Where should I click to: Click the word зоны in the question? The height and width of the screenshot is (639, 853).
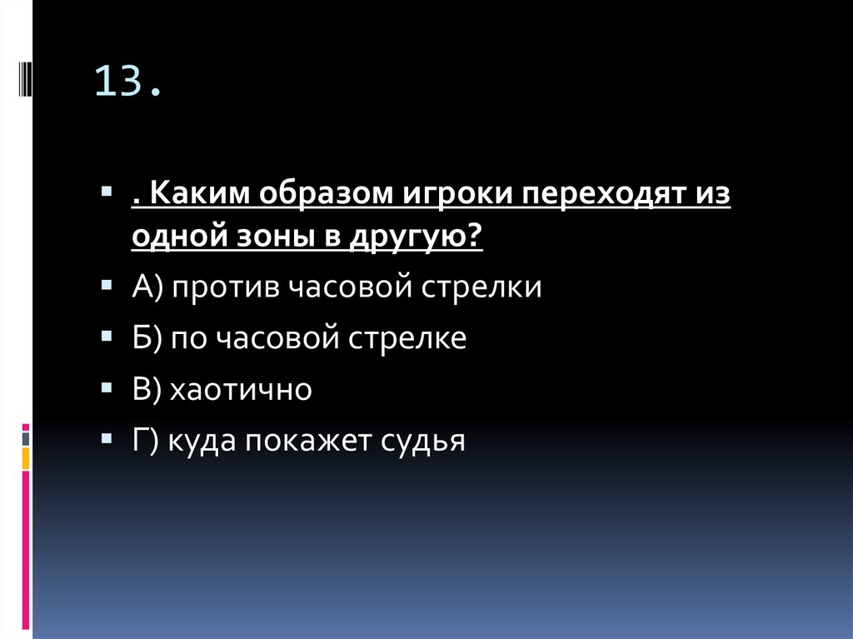(x=273, y=237)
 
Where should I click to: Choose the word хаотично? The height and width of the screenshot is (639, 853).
(x=241, y=390)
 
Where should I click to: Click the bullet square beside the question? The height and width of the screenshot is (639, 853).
(x=107, y=192)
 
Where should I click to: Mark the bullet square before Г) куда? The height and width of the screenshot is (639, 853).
(x=107, y=437)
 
